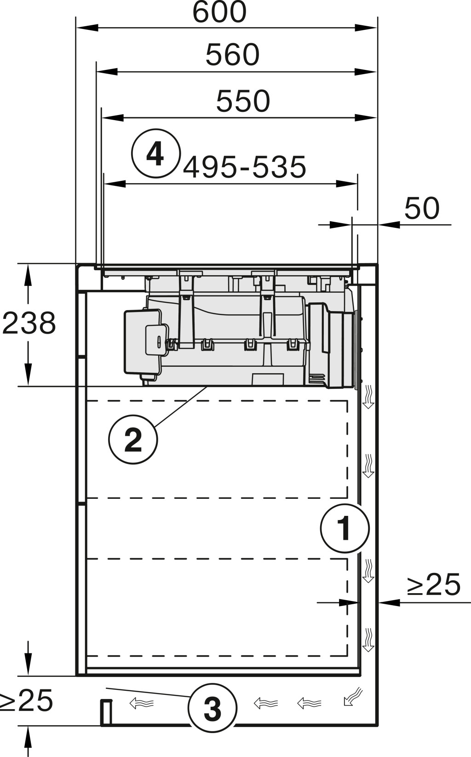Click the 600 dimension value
(219, 12)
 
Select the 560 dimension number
(232, 54)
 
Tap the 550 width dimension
(243, 101)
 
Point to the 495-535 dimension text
(245, 167)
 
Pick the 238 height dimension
(29, 323)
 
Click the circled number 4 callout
(156, 153)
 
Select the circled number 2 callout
(133, 439)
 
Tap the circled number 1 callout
(345, 529)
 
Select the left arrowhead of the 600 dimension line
(87, 28)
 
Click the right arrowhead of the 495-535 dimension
(347, 184)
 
